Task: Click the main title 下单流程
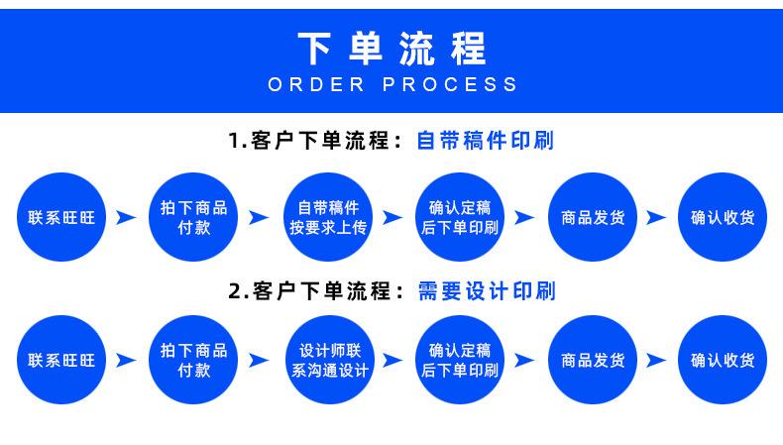392,49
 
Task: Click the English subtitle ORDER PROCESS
392,84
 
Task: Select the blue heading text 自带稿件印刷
485,141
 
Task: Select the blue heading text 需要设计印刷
487,291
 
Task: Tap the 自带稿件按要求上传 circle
328,217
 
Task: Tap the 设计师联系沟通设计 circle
330,360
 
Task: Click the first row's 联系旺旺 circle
61,217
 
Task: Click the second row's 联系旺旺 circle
61,360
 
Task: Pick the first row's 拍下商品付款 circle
193,217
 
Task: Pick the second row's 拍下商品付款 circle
193,360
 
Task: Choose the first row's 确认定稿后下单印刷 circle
460,217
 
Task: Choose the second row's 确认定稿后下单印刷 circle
460,360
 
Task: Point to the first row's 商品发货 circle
593,217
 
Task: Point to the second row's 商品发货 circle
593,360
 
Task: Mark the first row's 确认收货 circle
723,217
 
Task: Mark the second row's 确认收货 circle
723,360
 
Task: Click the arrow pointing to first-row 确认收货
657,218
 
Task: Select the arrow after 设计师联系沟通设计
394,361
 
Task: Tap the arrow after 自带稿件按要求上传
394,218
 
